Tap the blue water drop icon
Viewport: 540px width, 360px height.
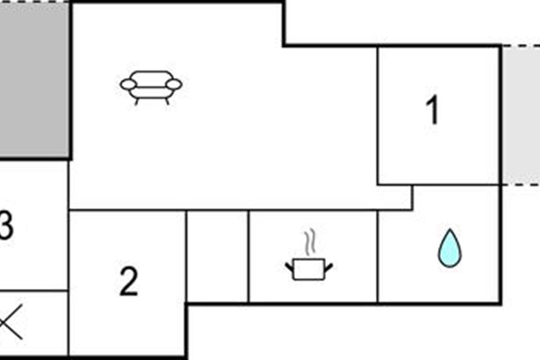coord(450,248)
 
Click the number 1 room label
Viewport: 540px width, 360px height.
coord(432,109)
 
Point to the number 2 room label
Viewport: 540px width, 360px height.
coord(129,282)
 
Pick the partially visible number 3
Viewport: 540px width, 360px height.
coord(6,225)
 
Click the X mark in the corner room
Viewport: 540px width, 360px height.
coord(11,322)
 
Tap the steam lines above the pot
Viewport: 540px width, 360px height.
coord(310,242)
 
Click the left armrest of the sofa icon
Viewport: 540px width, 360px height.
coord(129,85)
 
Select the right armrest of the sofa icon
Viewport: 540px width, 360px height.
coord(174,85)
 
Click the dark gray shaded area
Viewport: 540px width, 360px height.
coord(34,80)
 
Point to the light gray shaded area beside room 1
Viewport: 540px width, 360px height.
coord(521,115)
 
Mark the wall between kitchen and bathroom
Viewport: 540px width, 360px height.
coord(378,256)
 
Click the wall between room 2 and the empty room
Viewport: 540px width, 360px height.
coord(186,256)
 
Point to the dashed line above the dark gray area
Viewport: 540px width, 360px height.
coord(34,1)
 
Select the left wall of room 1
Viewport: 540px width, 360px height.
coord(378,116)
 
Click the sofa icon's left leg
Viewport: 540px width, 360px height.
coord(136,102)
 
